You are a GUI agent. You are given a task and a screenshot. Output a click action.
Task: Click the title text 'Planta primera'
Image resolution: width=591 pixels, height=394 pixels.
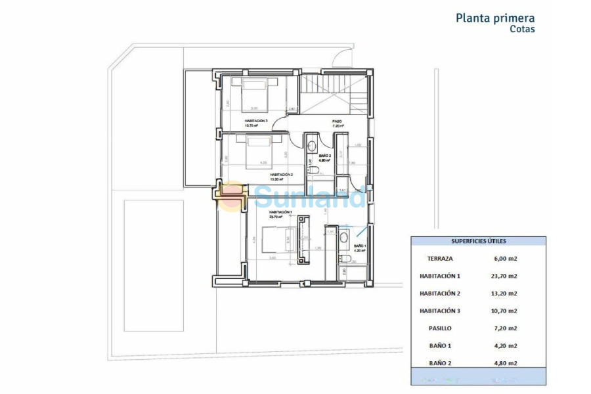[x=495, y=18]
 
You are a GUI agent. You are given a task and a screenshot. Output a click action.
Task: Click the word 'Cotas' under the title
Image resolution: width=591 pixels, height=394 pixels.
[x=522, y=30]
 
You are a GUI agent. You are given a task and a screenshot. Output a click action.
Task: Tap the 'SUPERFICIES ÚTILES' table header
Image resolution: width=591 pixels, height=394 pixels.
[x=478, y=241]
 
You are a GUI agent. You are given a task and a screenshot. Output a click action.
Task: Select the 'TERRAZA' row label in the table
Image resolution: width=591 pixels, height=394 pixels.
[x=439, y=259]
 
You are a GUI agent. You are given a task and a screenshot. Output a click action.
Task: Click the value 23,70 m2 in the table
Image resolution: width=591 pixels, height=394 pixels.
[x=505, y=276]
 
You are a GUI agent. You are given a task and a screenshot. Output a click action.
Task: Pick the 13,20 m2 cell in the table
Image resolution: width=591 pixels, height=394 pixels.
[x=505, y=294]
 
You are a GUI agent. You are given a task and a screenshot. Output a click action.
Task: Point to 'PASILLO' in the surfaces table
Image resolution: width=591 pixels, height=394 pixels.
[x=439, y=328]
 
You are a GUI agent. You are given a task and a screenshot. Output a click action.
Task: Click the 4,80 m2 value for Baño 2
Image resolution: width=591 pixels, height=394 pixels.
[x=505, y=362]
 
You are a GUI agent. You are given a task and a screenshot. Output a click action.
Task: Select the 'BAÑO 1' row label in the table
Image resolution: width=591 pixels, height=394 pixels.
[x=439, y=345]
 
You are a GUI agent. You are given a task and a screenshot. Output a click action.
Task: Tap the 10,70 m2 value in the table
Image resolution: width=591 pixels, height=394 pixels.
[x=505, y=311]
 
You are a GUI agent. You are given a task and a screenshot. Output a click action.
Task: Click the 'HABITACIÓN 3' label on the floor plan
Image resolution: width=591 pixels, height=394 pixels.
[x=256, y=121]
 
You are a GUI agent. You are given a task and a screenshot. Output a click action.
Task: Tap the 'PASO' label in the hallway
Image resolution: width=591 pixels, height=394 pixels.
[x=337, y=121]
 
